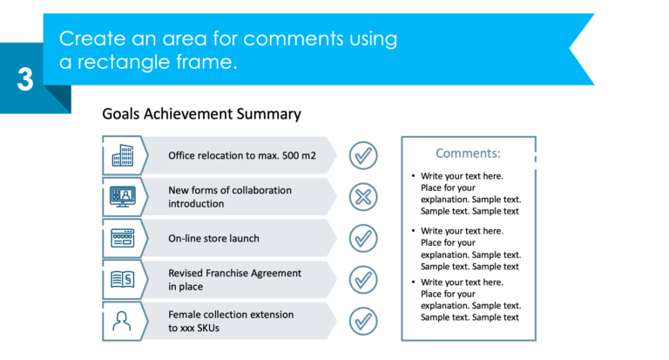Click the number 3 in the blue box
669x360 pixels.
[25, 79]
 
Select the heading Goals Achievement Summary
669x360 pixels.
[201, 113]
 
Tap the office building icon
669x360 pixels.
[122, 155]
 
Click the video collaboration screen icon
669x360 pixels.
[122, 197]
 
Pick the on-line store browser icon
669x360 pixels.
[122, 238]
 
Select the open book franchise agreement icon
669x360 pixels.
[122, 280]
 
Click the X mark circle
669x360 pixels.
[363, 197]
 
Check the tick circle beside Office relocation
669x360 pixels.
[363, 155]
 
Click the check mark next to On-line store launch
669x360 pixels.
[363, 238]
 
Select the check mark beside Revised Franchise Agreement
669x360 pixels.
[363, 280]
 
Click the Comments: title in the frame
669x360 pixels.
[468, 153]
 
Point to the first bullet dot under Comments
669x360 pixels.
[413, 176]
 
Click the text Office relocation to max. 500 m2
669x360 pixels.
[241, 156]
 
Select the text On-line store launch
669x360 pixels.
[213, 238]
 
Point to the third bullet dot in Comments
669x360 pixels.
[413, 282]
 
